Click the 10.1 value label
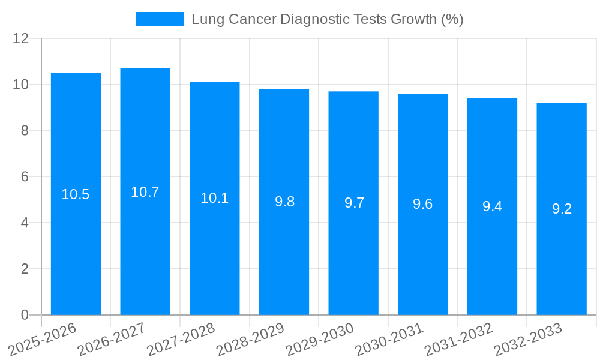pyautogui.click(x=214, y=198)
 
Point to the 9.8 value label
pyautogui.click(x=284, y=202)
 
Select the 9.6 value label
pyautogui.click(x=422, y=204)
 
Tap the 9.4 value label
pyautogui.click(x=492, y=206)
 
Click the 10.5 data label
pyautogui.click(x=76, y=194)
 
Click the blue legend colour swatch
pyautogui.click(x=160, y=19)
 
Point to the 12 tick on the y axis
pyautogui.click(x=21, y=38)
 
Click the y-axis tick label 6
pyautogui.click(x=25, y=177)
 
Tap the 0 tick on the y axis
pyautogui.click(x=25, y=315)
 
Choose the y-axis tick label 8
pyautogui.click(x=25, y=131)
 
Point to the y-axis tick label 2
pyautogui.click(x=25, y=269)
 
